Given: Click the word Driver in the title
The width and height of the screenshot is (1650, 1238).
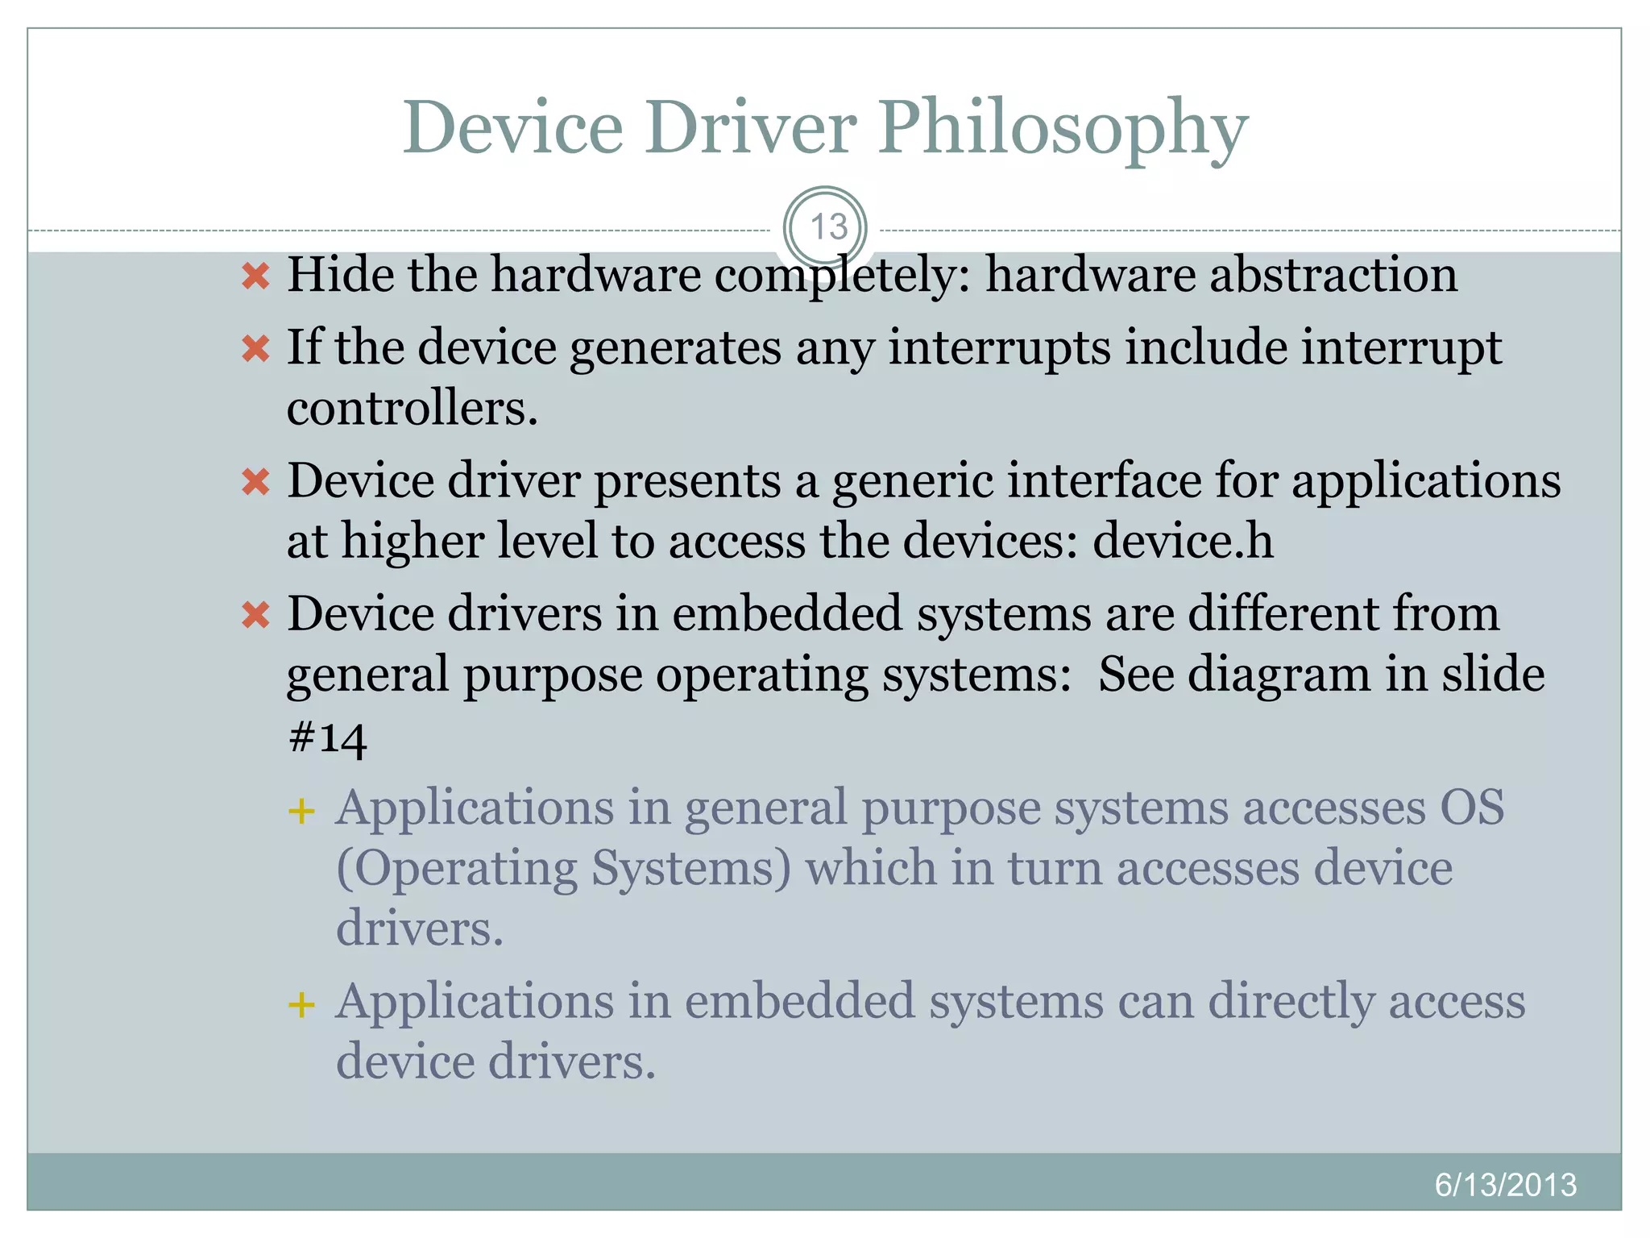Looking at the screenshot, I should click(750, 127).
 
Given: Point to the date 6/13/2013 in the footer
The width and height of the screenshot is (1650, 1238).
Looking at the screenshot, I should click(1505, 1185).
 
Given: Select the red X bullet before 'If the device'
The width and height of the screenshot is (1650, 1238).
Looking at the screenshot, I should click(255, 350).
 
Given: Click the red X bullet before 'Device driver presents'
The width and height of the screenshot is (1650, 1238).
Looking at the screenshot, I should click(255, 483).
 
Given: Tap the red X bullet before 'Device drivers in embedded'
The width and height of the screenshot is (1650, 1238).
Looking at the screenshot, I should click(255, 616).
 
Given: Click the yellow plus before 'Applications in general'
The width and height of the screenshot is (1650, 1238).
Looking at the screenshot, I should click(301, 811).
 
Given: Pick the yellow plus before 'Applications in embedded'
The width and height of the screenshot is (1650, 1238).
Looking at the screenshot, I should click(301, 1005).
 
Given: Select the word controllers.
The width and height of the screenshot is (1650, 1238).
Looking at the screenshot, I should click(412, 408).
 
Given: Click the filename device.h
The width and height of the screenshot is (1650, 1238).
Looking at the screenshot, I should click(1183, 541).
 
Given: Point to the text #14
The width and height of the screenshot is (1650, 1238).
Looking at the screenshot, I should click(327, 737).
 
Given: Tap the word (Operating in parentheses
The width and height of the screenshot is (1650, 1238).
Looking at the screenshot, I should click(457, 870).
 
